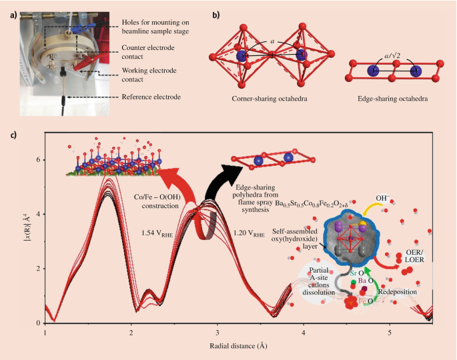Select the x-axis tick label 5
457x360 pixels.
tap(390, 331)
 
